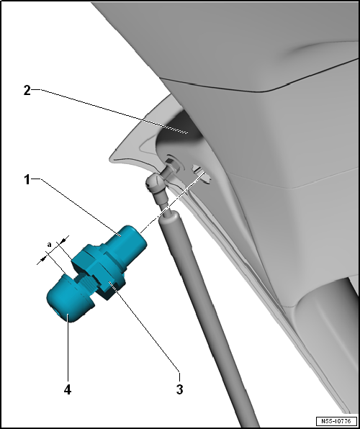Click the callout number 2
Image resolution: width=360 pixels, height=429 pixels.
coord(27,91)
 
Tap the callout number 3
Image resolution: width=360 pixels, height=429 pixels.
coord(180,389)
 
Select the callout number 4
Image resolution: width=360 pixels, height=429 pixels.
coord(68,389)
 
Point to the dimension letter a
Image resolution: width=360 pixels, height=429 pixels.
coord(49,245)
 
